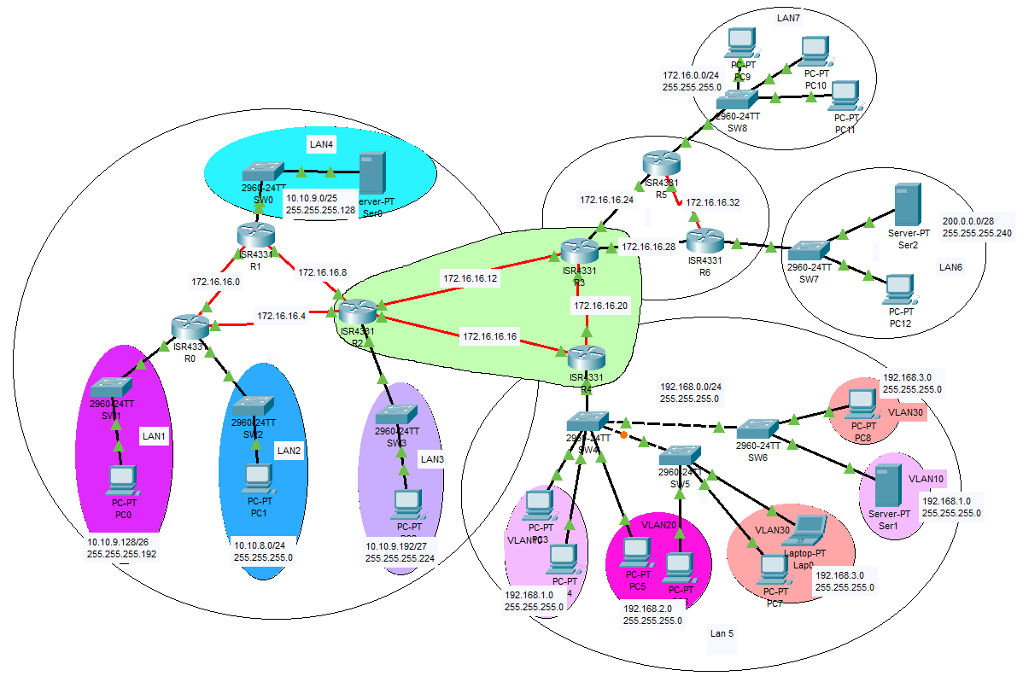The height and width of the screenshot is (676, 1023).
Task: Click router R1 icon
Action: [255, 234]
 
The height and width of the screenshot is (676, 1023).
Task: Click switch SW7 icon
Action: [808, 251]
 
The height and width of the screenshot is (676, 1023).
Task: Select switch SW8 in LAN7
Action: [736, 102]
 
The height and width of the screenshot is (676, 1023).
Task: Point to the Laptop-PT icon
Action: [806, 529]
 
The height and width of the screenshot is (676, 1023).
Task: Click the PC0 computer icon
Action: [123, 481]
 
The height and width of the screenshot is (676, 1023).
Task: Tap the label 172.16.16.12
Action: [469, 278]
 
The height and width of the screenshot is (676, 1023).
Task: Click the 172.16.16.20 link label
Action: [600, 306]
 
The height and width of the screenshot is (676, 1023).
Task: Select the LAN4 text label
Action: [321, 145]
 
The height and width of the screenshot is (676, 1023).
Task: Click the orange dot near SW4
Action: [623, 436]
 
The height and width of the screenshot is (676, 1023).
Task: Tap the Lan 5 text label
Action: [722, 633]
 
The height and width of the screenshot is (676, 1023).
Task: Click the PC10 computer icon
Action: [815, 51]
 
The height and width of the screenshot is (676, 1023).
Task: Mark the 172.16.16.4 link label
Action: [281, 317]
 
